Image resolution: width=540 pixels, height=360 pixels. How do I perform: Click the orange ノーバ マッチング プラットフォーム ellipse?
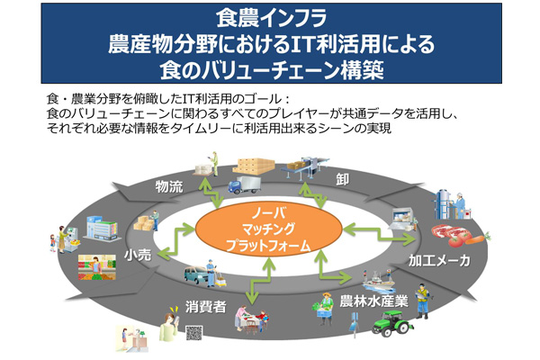point(269,229)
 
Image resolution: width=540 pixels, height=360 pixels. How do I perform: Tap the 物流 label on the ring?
point(169,186)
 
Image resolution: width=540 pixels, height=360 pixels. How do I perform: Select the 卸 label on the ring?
point(342,179)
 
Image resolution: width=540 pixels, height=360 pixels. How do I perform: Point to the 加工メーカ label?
point(439,260)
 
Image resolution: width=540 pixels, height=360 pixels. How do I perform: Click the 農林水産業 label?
point(374,301)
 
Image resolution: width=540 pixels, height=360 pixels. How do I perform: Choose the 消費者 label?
point(205,307)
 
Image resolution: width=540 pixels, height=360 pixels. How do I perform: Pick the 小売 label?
point(138,255)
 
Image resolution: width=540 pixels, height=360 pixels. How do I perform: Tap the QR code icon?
point(193,333)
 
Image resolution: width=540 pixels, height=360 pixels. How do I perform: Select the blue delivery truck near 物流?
point(244,185)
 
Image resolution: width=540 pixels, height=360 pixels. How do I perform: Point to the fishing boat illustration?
point(378,279)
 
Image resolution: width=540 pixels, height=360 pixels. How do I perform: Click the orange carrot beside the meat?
point(478,238)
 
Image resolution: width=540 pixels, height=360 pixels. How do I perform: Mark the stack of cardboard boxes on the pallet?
point(254,166)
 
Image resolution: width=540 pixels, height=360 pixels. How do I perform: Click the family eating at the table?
point(251,319)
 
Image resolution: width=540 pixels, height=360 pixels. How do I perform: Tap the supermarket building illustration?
point(101,228)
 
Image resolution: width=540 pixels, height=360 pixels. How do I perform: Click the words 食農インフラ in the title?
point(272,18)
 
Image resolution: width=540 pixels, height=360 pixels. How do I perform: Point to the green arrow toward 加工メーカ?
point(380,234)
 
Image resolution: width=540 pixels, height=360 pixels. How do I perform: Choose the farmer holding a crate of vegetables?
point(325,309)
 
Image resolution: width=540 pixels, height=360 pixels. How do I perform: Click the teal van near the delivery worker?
point(196,274)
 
